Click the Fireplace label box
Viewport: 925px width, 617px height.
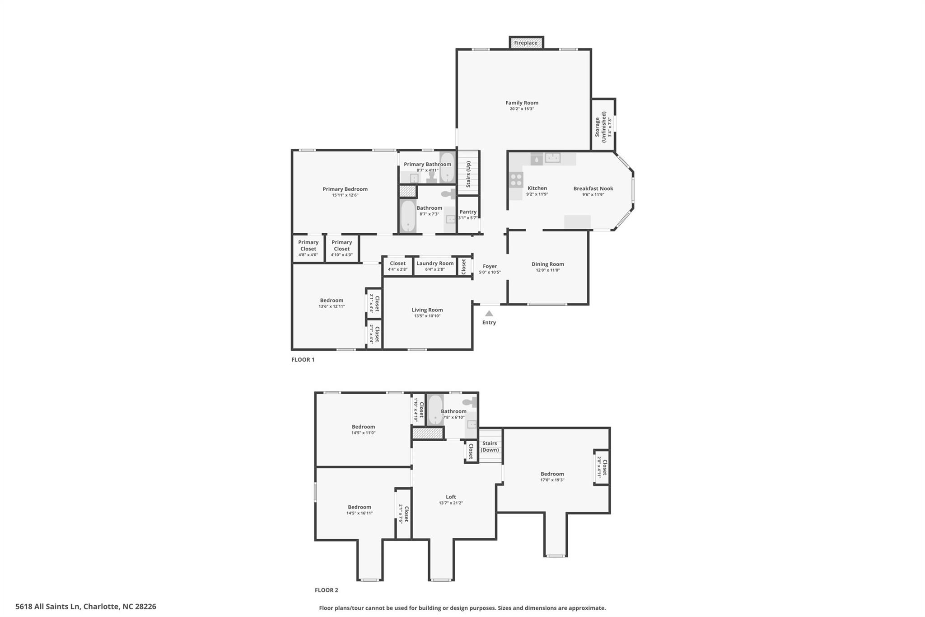pos(526,43)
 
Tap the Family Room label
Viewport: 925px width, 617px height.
pos(522,103)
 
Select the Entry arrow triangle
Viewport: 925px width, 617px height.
pos(489,313)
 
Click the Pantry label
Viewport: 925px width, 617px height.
pos(468,212)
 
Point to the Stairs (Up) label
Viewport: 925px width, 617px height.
pos(468,174)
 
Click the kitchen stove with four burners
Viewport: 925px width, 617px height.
pos(516,179)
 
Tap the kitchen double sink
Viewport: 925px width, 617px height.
pos(552,158)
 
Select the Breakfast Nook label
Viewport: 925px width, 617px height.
pos(593,188)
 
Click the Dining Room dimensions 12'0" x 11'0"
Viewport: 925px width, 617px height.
pos(547,270)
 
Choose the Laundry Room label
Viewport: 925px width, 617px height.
pos(435,263)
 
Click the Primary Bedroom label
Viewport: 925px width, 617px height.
pos(345,189)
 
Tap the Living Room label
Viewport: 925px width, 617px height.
pos(427,310)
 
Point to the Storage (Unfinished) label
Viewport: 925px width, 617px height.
pos(600,127)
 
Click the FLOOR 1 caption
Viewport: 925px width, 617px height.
pos(303,360)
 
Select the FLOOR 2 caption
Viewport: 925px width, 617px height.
pos(326,590)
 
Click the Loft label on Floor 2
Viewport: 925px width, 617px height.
pos(451,497)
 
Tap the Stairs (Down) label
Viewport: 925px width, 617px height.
pos(490,447)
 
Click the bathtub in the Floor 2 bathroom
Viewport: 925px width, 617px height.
pos(435,410)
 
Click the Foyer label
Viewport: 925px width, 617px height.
pos(490,266)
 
